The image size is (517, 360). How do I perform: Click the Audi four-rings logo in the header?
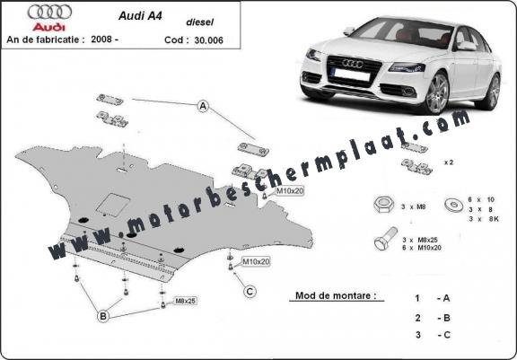click(49, 13)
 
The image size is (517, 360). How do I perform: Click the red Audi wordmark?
click(48, 27)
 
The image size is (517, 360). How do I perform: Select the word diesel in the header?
click(200, 22)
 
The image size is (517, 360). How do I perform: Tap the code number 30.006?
click(209, 40)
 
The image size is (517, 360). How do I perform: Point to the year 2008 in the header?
click(102, 40)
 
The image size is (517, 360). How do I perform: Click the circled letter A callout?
click(203, 106)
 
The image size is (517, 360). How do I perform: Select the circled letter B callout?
click(103, 317)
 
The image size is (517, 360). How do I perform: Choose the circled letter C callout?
click(250, 292)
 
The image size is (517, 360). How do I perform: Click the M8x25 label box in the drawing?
click(185, 301)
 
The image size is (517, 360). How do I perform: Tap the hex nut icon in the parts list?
click(384, 205)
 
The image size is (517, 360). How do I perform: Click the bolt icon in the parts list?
click(386, 239)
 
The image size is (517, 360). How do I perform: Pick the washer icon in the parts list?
click(454, 205)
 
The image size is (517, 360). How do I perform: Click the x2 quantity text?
click(449, 162)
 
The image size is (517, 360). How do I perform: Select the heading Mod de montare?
click(336, 295)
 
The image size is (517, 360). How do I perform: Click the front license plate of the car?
click(352, 75)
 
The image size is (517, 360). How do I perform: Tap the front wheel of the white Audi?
click(436, 93)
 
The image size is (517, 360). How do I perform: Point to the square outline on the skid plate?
click(113, 205)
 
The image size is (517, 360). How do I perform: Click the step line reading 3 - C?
click(433, 335)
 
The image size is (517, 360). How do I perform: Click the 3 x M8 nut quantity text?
click(413, 207)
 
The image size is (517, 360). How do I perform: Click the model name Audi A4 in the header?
click(140, 16)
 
